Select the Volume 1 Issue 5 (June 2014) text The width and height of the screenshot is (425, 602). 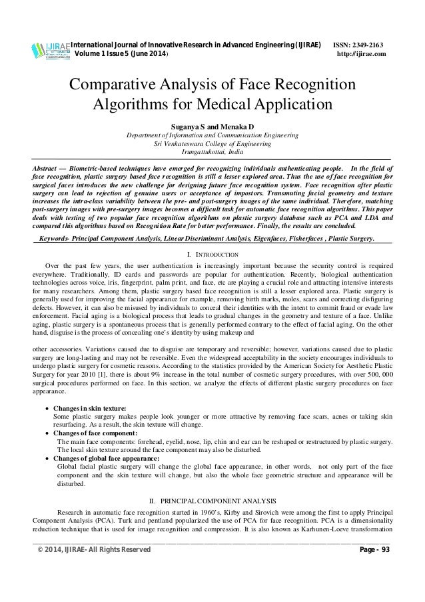[125, 55]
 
